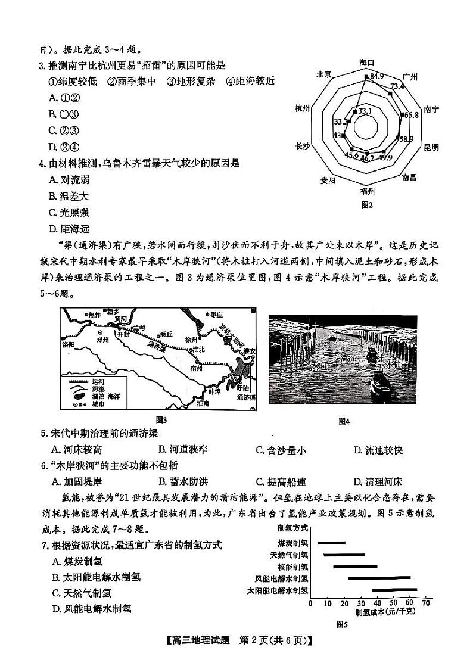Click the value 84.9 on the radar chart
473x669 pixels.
pyautogui.click(x=376, y=76)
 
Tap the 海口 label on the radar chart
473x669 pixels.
pyautogui.click(x=366, y=62)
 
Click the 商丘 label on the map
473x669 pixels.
pyautogui.click(x=166, y=334)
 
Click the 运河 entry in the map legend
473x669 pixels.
pyautogui.click(x=98, y=379)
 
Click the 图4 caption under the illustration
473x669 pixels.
pyautogui.click(x=344, y=421)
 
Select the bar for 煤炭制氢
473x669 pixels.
pyautogui.click(x=331, y=543)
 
